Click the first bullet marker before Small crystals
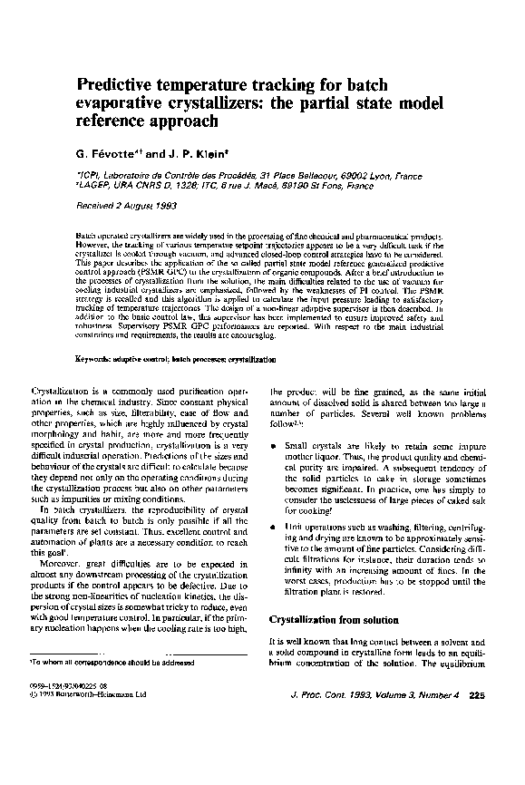(273, 448)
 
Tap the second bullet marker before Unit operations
(273, 526)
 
